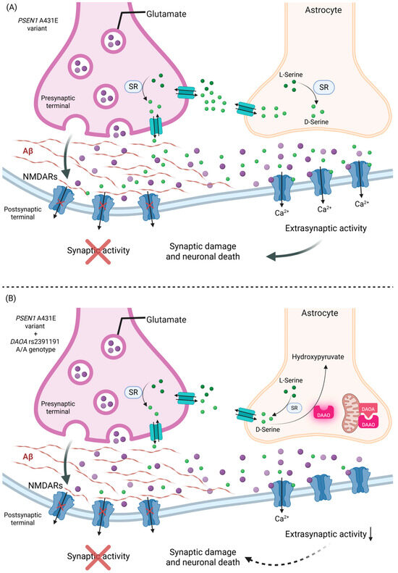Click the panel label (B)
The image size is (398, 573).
(x=10, y=297)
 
